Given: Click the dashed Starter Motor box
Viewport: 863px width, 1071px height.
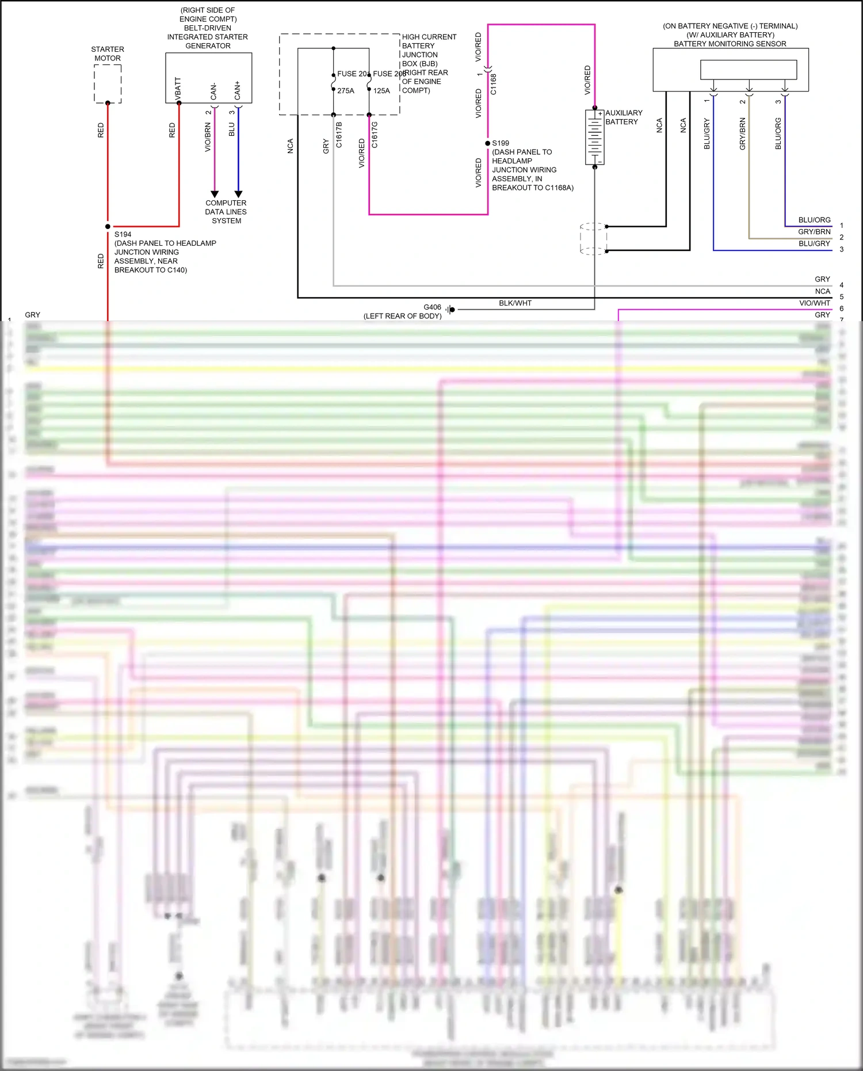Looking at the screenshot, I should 108,83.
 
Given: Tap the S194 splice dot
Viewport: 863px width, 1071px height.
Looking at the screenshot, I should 108,227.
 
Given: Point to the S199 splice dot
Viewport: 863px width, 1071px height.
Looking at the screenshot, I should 488,143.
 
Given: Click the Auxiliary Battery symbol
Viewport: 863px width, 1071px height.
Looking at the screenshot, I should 594,137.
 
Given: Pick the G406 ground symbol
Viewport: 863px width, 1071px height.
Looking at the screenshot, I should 451,310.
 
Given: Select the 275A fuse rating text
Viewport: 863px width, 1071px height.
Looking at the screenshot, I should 346,91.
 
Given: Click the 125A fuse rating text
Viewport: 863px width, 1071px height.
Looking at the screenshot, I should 381,91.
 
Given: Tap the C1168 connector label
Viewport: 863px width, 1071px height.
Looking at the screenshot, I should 494,84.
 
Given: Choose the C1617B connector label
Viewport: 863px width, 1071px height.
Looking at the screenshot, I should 339,135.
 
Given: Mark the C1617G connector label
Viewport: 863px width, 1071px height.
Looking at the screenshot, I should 375,135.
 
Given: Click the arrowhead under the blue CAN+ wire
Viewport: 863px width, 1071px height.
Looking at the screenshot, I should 238,195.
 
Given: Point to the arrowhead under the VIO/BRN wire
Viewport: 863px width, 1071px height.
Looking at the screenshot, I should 215,195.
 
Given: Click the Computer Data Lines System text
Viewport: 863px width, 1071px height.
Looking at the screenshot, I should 226,212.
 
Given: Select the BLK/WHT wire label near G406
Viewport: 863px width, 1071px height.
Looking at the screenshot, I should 515,303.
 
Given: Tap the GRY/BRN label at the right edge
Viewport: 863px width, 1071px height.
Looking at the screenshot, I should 814,232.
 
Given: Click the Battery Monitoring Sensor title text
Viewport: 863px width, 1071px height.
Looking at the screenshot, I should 730,44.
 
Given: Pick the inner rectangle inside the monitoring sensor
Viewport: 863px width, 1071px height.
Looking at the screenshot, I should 749,70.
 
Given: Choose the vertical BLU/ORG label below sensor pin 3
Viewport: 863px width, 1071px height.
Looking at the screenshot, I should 778,134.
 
